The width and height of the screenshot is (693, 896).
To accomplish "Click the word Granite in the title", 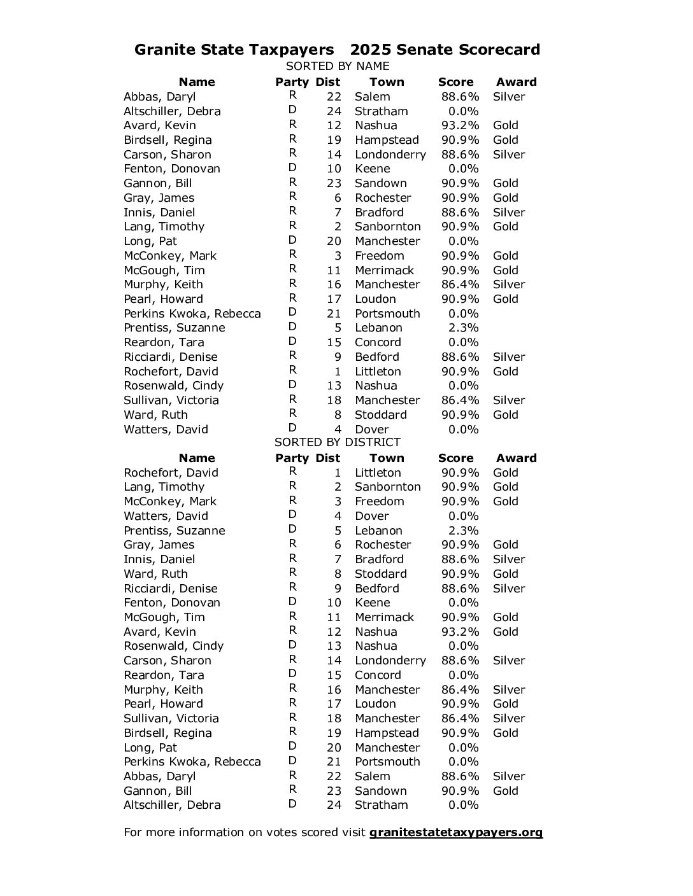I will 165,50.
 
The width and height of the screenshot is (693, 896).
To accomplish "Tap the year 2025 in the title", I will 371,50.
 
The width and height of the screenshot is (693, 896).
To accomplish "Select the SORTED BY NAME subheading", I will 338,66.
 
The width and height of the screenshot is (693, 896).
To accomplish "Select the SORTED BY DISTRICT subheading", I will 338,442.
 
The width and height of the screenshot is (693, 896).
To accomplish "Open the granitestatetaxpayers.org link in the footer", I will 456,832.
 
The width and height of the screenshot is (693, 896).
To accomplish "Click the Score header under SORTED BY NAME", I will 455,82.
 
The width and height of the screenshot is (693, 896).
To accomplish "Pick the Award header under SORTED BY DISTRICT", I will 516,458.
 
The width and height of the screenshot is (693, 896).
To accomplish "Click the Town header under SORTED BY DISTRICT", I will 387,458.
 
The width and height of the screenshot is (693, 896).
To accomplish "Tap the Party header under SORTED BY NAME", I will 292,82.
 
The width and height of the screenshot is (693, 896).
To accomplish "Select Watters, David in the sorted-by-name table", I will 166,430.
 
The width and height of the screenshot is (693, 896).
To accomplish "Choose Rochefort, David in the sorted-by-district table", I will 171,473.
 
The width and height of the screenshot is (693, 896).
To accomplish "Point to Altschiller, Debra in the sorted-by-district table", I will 172,805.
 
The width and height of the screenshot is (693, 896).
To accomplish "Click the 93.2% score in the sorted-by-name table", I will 460,125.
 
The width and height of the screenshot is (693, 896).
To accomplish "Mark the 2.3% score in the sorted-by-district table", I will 463,531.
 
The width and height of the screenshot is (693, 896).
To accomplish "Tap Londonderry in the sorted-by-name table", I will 390,155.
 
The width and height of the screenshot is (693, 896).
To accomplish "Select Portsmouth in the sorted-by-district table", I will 387,762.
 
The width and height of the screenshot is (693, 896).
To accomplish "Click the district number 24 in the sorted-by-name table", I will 334,111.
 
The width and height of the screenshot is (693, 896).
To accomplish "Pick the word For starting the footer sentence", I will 134,832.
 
